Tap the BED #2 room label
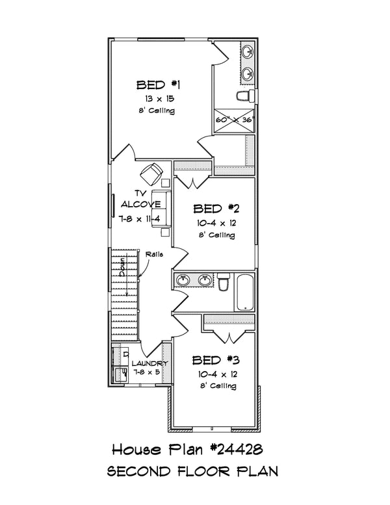(x=217, y=209)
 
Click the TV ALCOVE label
(x=139, y=198)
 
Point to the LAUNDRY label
(x=150, y=363)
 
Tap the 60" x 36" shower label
(x=235, y=120)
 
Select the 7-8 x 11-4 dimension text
(x=140, y=220)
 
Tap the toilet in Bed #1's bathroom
(x=244, y=97)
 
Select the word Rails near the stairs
(x=155, y=254)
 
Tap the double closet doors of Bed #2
(x=192, y=181)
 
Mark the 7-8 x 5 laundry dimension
(x=147, y=372)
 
